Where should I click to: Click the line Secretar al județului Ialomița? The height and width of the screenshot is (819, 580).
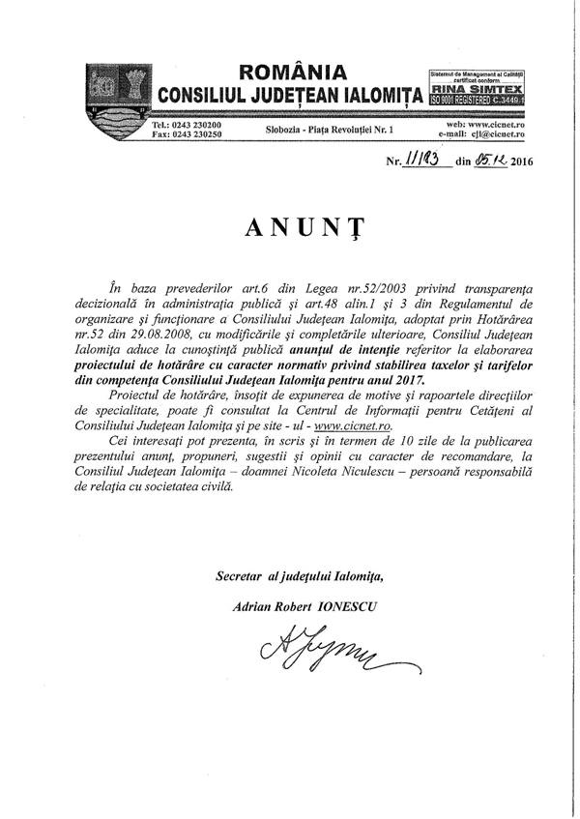pos(299,577)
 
